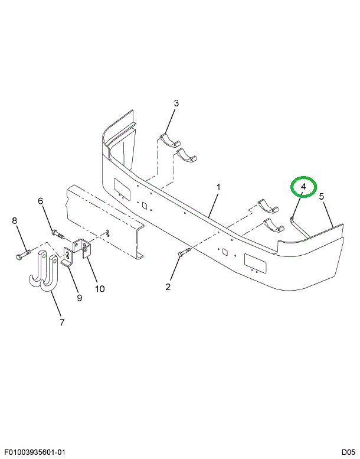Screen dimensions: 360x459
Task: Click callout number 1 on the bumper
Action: pos(218,187)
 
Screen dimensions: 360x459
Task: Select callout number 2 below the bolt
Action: pos(168,287)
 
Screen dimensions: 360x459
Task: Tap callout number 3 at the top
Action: pos(176,103)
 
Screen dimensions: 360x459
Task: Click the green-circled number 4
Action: pos(303,187)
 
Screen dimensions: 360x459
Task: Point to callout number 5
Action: pos(322,197)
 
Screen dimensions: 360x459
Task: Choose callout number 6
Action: pos(40,201)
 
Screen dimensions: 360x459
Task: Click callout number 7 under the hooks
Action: pos(62,323)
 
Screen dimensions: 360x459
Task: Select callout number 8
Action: pos(15,220)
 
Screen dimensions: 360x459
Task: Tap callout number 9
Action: pos(79,298)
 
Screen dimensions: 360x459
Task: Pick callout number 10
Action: pos(100,289)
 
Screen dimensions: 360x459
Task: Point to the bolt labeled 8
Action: pos(23,254)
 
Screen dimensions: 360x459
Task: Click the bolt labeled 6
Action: pos(59,234)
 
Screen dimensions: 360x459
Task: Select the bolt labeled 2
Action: pos(184,252)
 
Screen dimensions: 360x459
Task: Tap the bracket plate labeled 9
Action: pos(68,257)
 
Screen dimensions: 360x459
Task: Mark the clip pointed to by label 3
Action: pos(169,141)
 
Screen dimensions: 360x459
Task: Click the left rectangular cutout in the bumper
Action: pos(122,190)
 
